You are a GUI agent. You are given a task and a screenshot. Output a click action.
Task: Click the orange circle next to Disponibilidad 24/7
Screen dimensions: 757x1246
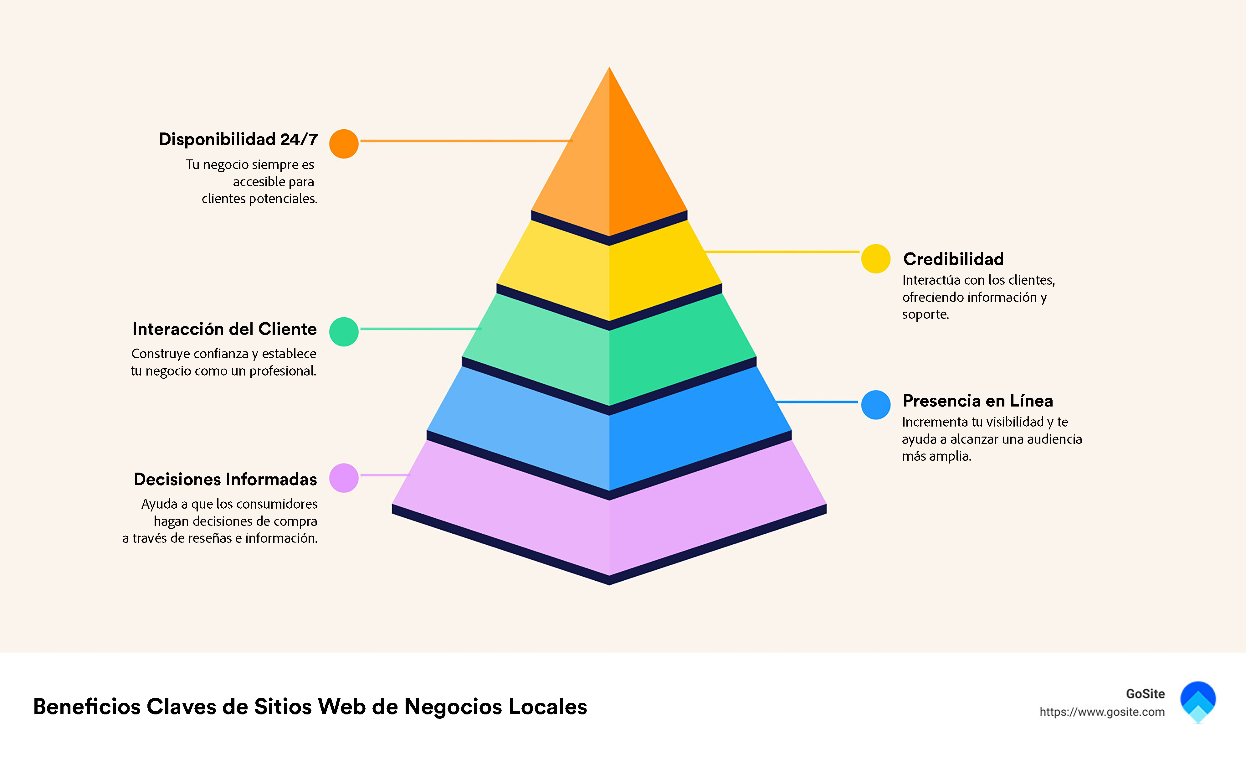(x=344, y=144)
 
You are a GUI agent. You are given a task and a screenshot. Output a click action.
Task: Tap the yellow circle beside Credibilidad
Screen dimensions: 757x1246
(x=875, y=259)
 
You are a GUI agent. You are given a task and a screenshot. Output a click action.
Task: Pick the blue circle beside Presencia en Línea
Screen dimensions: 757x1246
(x=875, y=405)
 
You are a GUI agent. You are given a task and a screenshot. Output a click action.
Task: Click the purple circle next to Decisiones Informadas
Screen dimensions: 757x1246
(x=344, y=478)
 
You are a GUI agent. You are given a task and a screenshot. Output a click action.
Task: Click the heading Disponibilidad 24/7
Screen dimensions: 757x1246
(x=238, y=139)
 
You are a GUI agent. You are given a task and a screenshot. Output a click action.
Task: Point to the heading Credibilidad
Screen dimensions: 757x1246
(x=953, y=259)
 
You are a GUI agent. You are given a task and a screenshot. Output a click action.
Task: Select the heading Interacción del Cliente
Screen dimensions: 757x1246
(x=224, y=329)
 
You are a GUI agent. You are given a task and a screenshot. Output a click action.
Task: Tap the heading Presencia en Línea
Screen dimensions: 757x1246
(x=977, y=401)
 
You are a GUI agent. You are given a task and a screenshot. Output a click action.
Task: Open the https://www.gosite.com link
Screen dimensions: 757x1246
(x=1102, y=712)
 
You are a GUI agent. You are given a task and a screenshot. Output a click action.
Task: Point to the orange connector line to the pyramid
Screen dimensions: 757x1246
(x=465, y=141)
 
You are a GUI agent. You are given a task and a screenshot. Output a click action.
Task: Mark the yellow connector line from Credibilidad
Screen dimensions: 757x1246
(x=781, y=251)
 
